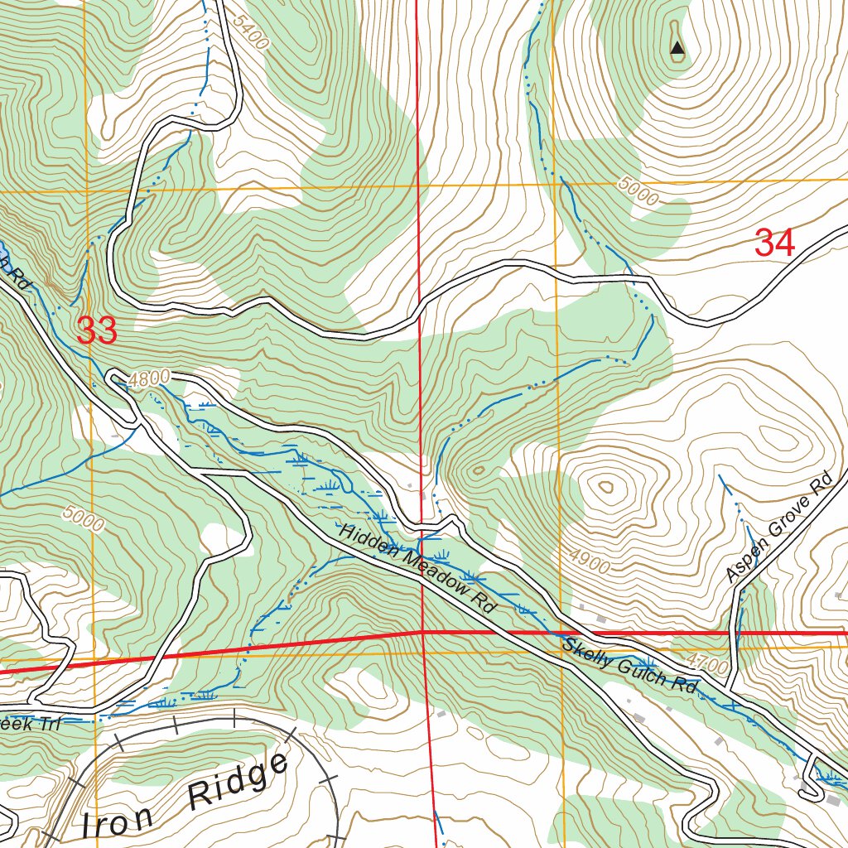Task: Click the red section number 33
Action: click(97, 331)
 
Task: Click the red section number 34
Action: click(775, 243)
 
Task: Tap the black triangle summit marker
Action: click(677, 49)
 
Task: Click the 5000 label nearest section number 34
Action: click(638, 194)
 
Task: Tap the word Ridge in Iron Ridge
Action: click(238, 783)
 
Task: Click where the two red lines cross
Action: click(423, 632)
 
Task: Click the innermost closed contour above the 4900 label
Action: click(607, 488)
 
